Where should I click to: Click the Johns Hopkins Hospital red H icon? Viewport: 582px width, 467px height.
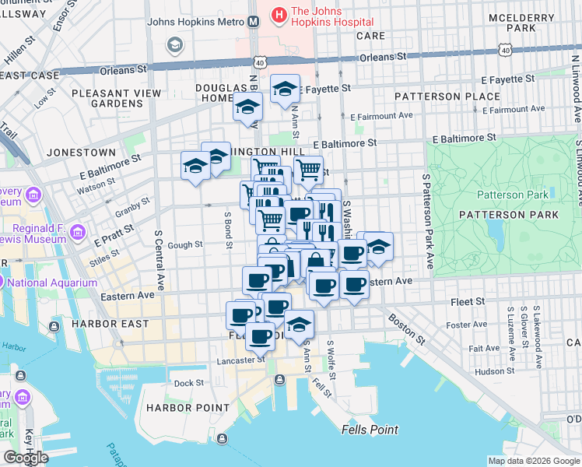coord(278,14)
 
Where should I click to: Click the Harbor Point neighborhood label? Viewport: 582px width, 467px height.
coord(188,407)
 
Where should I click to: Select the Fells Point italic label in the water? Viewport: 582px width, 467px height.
coord(370,430)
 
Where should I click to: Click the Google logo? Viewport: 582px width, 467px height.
coord(26,458)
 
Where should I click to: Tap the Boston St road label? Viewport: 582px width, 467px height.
coord(408,330)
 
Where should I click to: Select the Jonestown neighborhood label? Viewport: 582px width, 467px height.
coord(81,153)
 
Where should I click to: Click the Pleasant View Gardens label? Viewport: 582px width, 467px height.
coord(116,98)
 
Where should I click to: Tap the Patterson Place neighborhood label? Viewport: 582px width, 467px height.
coord(447,97)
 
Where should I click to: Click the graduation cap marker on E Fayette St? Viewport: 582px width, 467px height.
coord(285,89)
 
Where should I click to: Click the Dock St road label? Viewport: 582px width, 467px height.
coord(188,383)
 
